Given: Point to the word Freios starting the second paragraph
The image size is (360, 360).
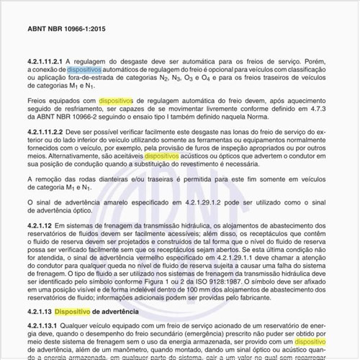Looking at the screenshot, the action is [37, 102].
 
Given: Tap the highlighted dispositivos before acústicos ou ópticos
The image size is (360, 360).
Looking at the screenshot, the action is [166, 173].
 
